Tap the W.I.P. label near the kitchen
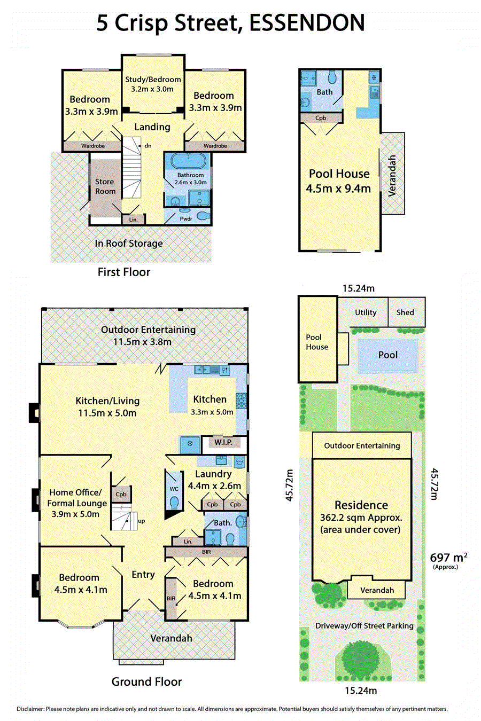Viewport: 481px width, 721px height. pos(223,442)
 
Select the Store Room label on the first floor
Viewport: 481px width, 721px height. pos(105,186)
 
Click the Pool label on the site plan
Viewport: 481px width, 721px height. pos(388,355)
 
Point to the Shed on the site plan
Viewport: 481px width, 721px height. pos(406,312)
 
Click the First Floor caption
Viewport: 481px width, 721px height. pos(123,272)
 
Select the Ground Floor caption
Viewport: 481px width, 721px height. pos(146,681)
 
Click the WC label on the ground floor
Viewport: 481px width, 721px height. pos(174,489)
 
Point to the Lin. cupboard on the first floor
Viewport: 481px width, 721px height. pos(134,220)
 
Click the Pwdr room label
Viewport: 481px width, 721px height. pos(186,218)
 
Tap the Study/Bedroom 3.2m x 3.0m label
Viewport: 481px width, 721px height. pos(152,84)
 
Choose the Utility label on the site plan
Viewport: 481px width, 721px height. pos(366,312)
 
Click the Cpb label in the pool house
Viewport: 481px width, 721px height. pos(321,118)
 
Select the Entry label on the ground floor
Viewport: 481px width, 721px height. pos(143,574)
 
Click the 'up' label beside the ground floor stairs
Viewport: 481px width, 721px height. pos(142,521)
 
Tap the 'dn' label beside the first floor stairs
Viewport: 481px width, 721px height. pos(148,145)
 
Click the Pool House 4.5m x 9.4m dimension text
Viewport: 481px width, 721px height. pos(339,181)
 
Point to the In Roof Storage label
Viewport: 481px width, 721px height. pos(129,244)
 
